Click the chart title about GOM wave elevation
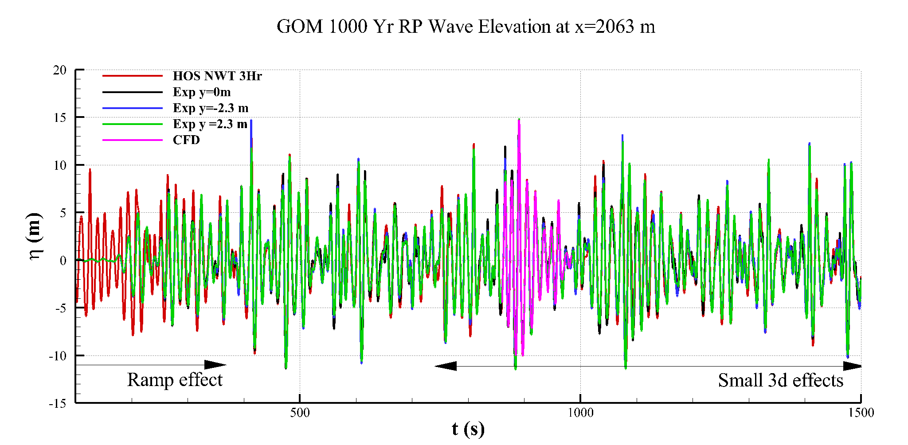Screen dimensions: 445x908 point(466,27)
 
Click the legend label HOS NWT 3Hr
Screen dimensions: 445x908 point(217,76)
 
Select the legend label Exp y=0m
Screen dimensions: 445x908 point(201,92)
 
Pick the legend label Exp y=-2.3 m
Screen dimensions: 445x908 point(210,108)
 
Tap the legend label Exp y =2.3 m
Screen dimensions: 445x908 point(210,124)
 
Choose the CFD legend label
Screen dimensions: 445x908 point(186,140)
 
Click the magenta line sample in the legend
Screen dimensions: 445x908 point(132,140)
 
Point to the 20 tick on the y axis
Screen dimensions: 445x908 point(59,70)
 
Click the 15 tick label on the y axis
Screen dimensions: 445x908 point(59,117)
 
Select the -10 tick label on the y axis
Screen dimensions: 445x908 point(57,356)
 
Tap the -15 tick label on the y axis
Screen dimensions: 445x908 point(57,403)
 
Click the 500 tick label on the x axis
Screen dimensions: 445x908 point(300,413)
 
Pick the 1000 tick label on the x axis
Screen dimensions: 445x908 point(580,413)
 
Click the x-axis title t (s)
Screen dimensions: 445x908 point(468,429)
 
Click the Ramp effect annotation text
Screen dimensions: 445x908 point(175,380)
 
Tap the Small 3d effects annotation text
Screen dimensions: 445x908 point(780,380)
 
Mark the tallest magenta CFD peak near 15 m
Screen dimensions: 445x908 point(519,121)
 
